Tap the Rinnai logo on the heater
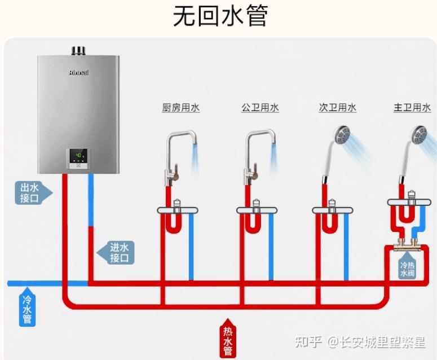click(x=79, y=73)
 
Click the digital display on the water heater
click(x=79, y=155)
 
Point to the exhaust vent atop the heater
click(x=78, y=51)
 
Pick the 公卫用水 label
click(x=260, y=108)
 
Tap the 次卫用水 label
click(x=337, y=108)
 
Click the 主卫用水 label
click(x=412, y=108)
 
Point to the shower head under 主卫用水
click(x=418, y=134)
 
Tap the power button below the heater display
click(x=79, y=165)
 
